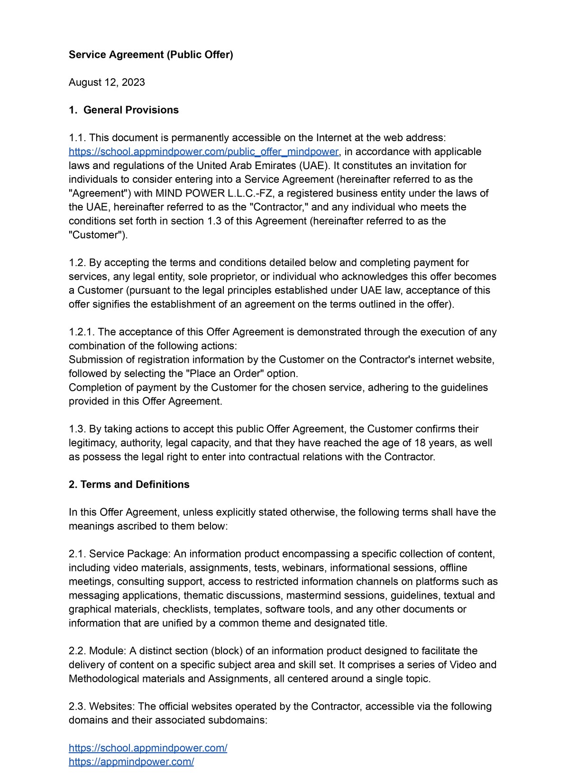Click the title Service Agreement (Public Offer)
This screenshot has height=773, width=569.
(151, 55)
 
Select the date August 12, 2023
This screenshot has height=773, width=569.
(107, 82)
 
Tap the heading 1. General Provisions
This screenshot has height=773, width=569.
(124, 110)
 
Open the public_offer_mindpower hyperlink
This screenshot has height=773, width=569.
(204, 152)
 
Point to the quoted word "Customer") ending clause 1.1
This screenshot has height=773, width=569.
(98, 235)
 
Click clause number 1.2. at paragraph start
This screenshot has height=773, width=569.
(77, 263)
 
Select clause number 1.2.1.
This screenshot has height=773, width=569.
(82, 332)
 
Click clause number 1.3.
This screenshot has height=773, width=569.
(77, 429)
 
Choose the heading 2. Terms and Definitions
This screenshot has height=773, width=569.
(129, 485)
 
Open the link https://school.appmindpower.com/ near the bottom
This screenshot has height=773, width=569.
(148, 748)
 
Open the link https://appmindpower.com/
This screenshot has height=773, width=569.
(131, 762)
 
